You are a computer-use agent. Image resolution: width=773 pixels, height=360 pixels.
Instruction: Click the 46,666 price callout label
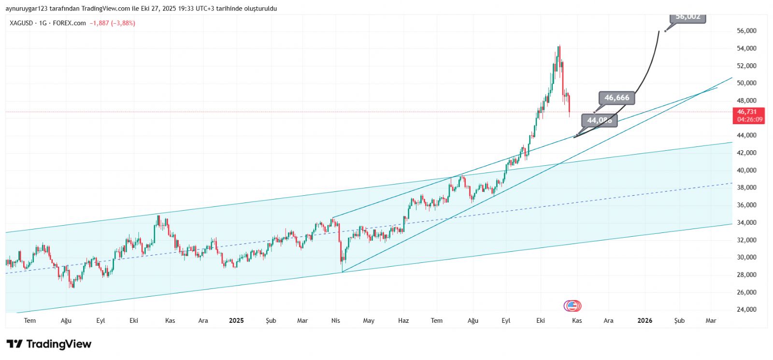tap(617, 98)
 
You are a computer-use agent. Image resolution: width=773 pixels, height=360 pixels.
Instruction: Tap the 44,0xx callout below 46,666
tap(599, 120)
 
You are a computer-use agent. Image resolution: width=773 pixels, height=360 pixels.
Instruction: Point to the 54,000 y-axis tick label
tap(746, 48)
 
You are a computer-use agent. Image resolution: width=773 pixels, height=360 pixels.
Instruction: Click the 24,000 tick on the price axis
tap(746, 310)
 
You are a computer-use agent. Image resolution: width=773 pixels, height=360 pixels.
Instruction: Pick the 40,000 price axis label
tap(746, 170)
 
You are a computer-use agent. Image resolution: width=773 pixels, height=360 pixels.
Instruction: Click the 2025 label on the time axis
tap(236, 320)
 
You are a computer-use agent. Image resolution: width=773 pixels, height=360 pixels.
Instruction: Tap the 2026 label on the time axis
tap(644, 320)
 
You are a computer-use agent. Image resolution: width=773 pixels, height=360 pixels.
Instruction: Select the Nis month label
tap(336, 320)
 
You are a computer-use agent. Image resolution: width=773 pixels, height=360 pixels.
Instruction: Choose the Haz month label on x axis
tap(403, 320)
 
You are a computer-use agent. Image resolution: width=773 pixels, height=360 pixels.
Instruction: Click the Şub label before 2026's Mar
tap(679, 320)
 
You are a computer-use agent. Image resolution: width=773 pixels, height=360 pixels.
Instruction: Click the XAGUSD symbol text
tap(21, 23)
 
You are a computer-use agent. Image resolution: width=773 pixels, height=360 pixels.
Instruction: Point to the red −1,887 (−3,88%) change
tap(112, 23)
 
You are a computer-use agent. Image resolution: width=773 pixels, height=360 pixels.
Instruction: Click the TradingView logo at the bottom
tap(49, 344)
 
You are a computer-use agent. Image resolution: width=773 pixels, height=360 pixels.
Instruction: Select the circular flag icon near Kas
tap(573, 306)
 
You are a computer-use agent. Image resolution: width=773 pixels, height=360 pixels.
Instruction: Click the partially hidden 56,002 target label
tap(688, 17)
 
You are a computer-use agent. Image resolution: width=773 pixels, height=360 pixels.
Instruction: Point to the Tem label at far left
tap(30, 320)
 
